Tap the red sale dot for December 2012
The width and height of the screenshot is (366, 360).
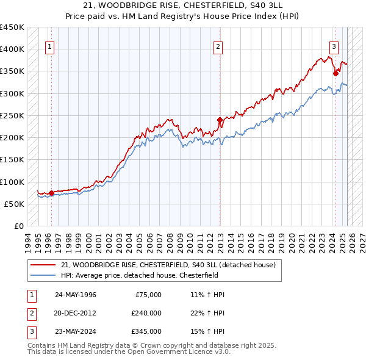(x=220, y=120)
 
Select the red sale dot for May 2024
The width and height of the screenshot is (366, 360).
(x=335, y=73)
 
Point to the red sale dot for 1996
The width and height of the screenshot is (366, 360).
(x=51, y=193)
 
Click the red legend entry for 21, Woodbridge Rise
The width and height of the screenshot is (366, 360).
(x=168, y=265)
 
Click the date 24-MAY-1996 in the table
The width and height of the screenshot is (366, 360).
(x=76, y=295)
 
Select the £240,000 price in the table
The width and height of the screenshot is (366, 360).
(x=146, y=313)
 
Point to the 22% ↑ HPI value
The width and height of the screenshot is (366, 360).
(x=207, y=313)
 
